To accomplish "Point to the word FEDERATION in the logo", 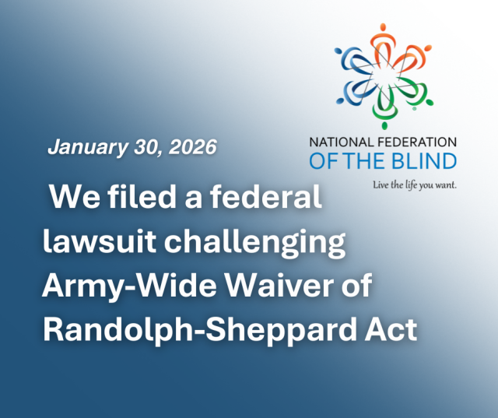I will [x=419, y=142].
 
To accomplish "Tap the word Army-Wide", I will [x=116, y=287].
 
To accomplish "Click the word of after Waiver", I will [x=356, y=287].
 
